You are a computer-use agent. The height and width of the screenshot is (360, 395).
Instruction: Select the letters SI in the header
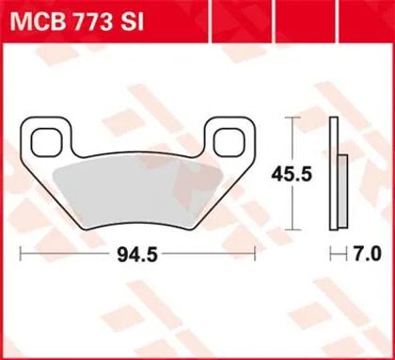click(133, 22)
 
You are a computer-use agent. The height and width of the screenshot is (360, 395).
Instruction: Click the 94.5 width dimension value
click(137, 254)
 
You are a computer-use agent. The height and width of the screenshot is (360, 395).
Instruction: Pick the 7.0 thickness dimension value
click(367, 254)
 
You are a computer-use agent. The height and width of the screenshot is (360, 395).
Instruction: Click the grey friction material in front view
click(138, 192)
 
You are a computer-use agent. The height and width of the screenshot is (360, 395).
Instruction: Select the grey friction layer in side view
click(342, 191)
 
